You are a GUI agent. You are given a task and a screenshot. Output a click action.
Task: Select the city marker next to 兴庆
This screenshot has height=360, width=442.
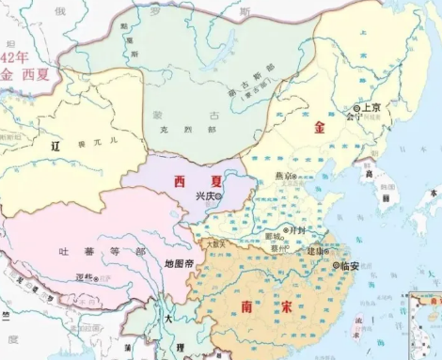(x=219, y=196)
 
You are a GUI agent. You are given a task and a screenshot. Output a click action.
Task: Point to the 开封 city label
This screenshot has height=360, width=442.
(x=298, y=228)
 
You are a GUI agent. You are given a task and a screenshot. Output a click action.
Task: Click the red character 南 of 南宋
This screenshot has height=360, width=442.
(x=247, y=306)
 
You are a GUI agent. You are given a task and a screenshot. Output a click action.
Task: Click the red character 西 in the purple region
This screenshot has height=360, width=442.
(x=175, y=180)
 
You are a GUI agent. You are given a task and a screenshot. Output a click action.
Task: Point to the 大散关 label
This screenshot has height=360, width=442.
(x=215, y=243)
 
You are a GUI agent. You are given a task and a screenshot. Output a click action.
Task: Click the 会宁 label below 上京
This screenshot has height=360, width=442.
(x=354, y=118)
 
